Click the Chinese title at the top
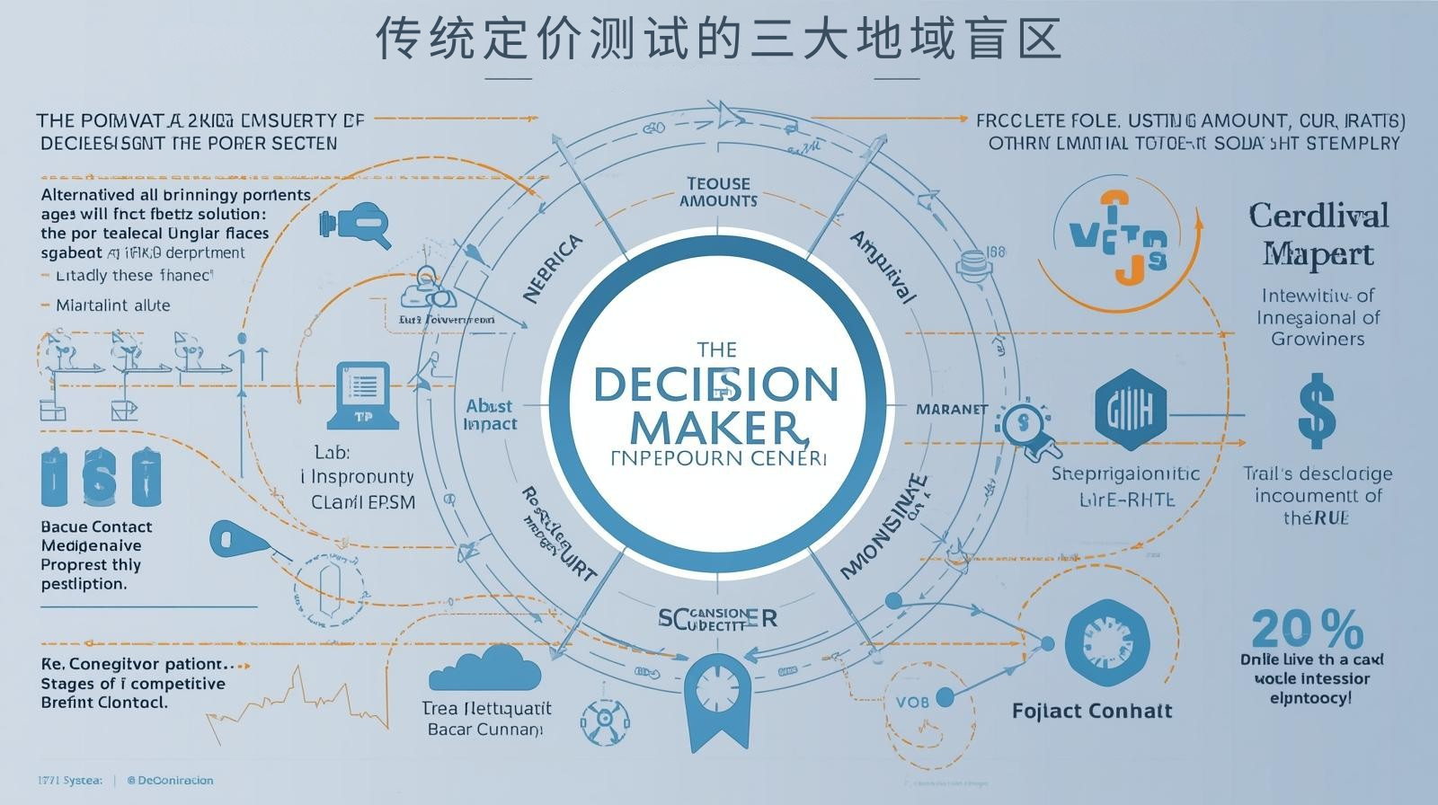pos(718,39)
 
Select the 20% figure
pos(1307,629)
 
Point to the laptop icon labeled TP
pos(362,394)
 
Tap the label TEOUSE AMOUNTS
pos(718,192)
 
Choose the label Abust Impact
pos(490,414)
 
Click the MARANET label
pos(951,410)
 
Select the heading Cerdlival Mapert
pos(1318,234)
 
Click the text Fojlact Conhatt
pos(1092,712)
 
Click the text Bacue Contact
pos(97,526)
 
